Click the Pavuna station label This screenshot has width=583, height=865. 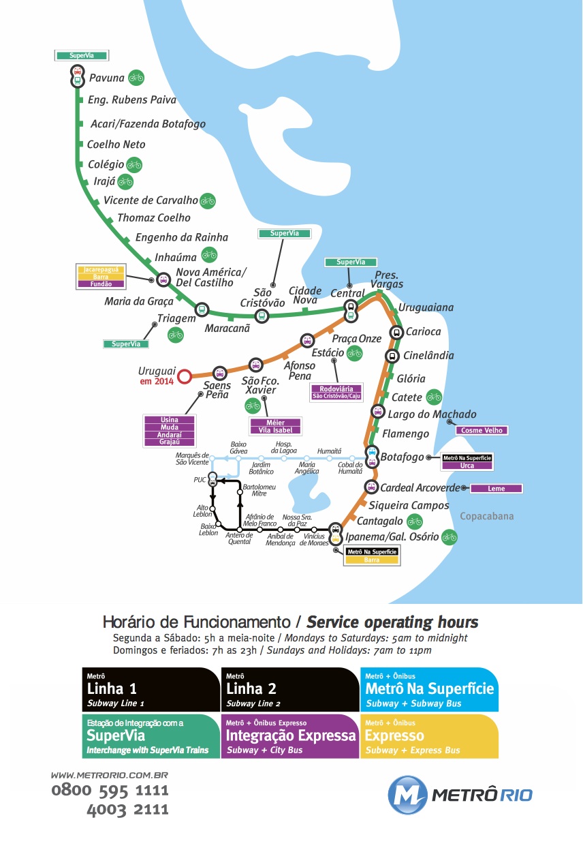(x=107, y=78)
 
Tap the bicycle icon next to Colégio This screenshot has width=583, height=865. (x=134, y=164)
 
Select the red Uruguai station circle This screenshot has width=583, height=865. (x=183, y=375)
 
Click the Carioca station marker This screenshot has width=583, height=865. (x=396, y=332)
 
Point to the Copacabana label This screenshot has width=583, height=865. (x=487, y=516)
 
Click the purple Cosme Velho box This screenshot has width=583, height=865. (x=482, y=430)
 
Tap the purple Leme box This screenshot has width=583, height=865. (x=497, y=488)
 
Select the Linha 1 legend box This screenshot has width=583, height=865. (x=151, y=689)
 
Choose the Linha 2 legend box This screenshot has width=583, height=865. (x=289, y=689)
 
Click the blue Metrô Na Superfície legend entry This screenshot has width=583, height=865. (x=429, y=689)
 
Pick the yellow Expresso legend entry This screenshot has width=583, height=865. (x=429, y=736)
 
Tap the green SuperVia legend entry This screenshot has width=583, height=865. (x=151, y=736)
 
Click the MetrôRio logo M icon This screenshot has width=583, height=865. (x=407, y=795)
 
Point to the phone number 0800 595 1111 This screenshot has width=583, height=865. (x=110, y=791)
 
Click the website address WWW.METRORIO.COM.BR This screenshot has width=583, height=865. (x=109, y=775)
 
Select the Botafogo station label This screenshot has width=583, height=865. (x=403, y=457)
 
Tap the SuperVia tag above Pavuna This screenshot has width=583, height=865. (x=82, y=55)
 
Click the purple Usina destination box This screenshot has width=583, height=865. (x=170, y=420)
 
